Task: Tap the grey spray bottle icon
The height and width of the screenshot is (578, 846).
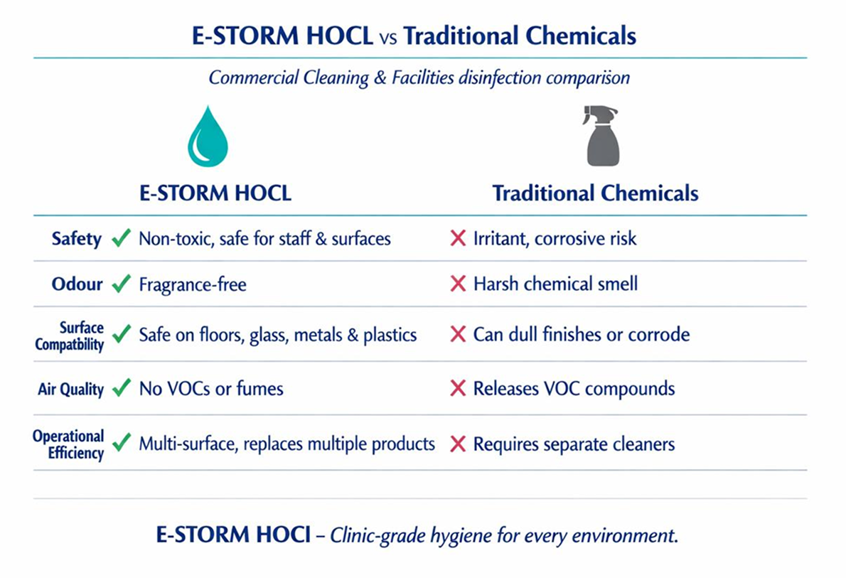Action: pos(601,136)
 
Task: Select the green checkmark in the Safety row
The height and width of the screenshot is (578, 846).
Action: pos(122,239)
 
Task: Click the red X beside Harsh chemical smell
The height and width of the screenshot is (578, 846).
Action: pos(459,284)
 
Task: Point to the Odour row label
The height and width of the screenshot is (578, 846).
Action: pos(77,284)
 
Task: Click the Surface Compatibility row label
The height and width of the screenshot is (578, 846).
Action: pos(81,336)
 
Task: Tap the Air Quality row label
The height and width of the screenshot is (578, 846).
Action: pos(70,390)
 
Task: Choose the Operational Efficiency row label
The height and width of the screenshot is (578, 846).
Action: pos(68,444)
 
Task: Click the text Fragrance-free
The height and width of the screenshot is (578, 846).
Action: pos(193,285)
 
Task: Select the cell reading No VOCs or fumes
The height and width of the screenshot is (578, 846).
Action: pos(210,389)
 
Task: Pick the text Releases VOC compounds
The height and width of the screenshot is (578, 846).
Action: pos(574,389)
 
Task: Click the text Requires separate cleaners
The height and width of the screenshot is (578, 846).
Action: pos(574,444)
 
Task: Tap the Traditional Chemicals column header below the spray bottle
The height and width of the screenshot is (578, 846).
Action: pos(595,193)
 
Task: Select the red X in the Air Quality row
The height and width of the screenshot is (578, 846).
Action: pos(459,389)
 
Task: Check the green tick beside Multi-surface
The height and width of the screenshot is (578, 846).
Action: pos(122,444)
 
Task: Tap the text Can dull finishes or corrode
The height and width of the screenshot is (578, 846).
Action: pos(581,334)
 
